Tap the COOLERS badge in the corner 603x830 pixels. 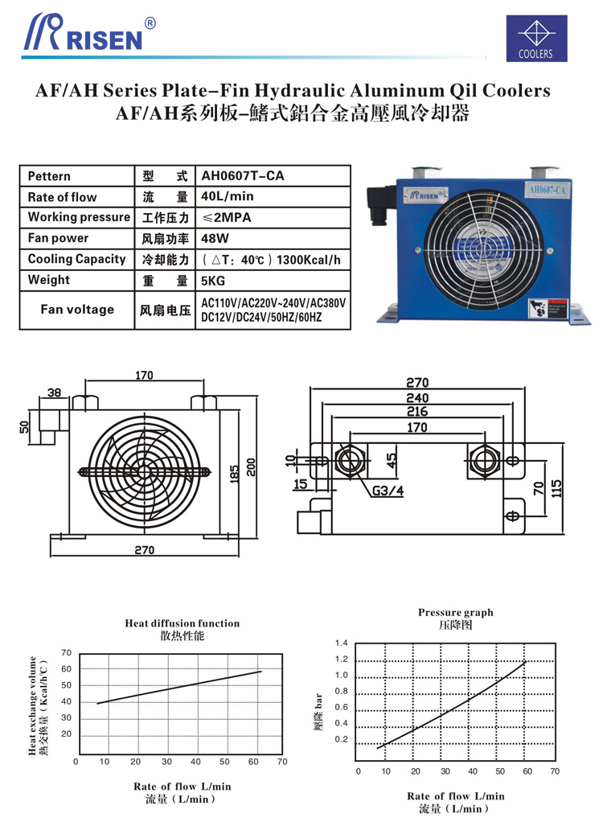tap(535, 39)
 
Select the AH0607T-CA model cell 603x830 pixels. tap(243, 176)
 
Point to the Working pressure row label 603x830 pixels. tap(78, 217)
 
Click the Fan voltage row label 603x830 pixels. tap(77, 310)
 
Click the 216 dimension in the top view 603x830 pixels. tap(416, 412)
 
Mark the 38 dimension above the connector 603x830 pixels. tap(55, 393)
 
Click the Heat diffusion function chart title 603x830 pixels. tap(182, 623)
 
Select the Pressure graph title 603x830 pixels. tap(455, 613)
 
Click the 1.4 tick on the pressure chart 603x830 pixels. tap(341, 643)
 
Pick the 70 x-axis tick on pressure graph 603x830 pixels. tap(554, 770)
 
